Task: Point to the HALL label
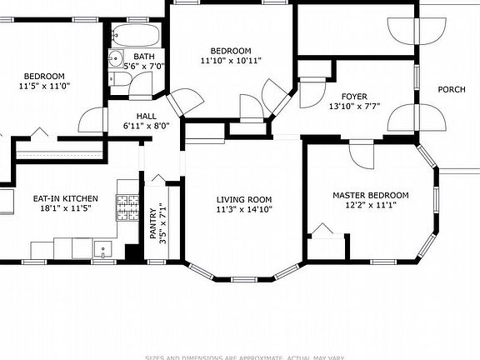coord(147,116)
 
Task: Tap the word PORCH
coord(452,89)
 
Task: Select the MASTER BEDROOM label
coord(370,195)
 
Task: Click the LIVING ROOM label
coord(244,199)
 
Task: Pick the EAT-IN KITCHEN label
coord(65,198)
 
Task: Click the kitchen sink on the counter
coord(102,247)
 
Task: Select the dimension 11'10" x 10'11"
coord(231,61)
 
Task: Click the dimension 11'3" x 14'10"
coord(244,209)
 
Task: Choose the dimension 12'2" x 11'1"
coord(370,205)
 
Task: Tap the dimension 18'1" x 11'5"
coord(65,208)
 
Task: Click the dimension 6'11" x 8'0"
coord(147,126)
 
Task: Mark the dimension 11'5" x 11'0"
coord(45,85)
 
